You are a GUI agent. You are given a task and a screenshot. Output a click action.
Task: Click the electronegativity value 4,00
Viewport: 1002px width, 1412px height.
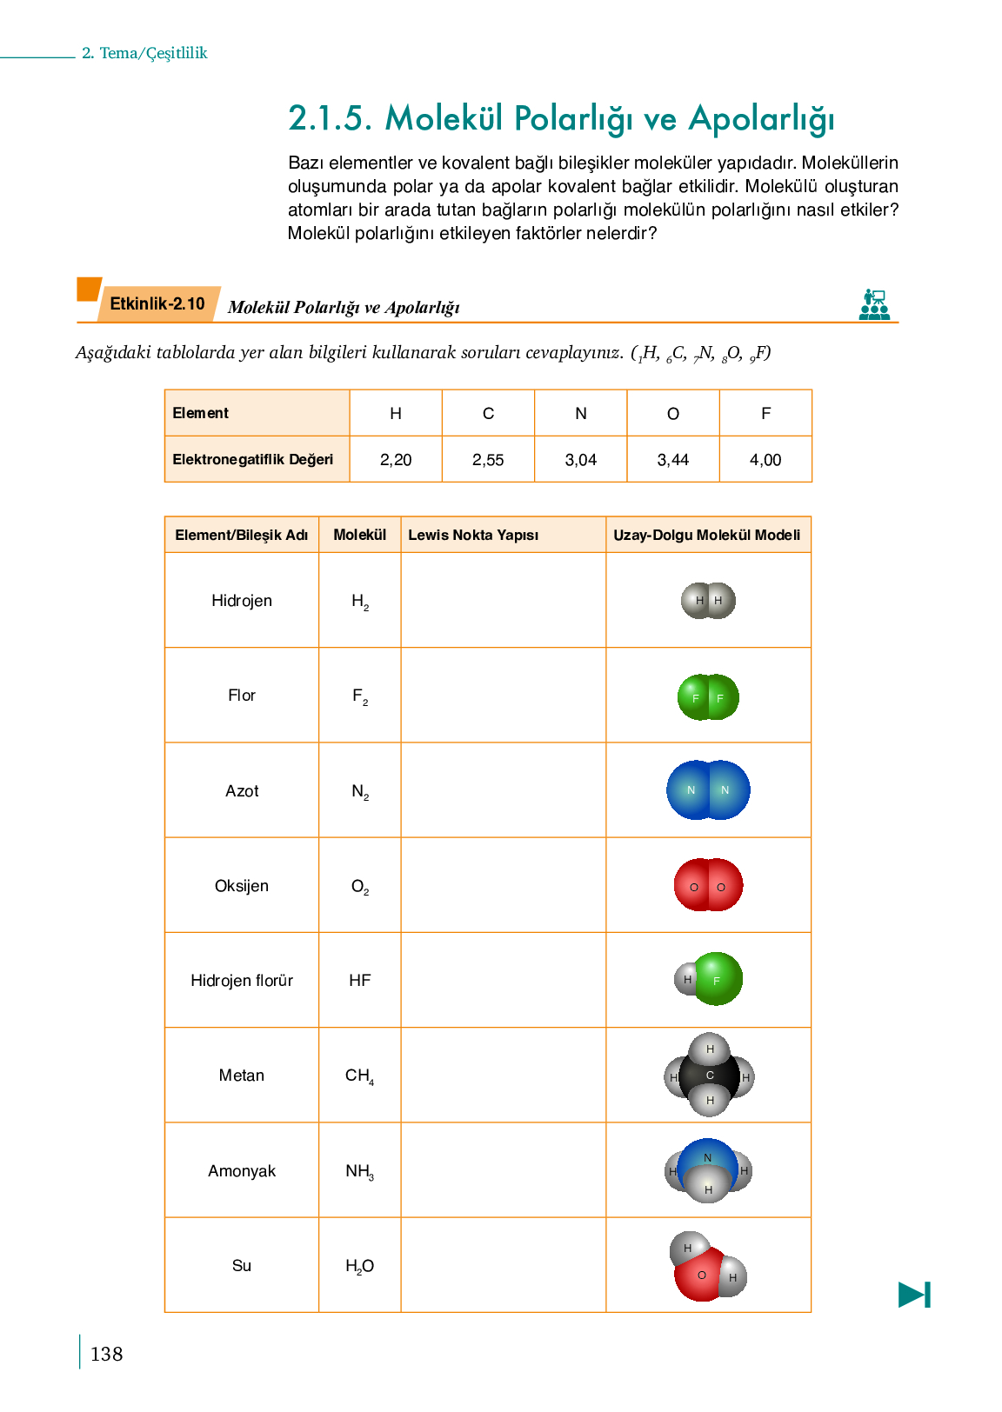[765, 460]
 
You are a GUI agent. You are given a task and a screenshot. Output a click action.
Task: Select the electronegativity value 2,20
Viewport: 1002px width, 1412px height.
[396, 460]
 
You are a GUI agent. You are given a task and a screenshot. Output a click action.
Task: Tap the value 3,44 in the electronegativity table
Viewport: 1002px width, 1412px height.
[673, 460]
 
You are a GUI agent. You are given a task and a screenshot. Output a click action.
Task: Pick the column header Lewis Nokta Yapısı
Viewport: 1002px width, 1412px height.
[473, 536]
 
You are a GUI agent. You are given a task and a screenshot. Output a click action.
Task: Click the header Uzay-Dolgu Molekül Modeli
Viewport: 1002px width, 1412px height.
[707, 536]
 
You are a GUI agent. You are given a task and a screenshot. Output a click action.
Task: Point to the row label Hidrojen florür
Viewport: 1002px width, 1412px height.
[242, 981]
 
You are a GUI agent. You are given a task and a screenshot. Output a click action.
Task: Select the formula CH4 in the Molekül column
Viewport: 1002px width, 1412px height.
[359, 1076]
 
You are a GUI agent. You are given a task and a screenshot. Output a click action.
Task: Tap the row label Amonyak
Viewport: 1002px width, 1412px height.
[242, 1171]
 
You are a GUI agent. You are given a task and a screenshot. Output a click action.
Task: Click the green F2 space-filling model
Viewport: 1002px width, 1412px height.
[708, 697]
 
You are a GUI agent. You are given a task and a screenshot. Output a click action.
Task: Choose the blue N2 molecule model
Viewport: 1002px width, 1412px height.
[708, 790]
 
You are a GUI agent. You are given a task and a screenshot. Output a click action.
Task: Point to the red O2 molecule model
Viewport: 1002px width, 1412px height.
[708, 885]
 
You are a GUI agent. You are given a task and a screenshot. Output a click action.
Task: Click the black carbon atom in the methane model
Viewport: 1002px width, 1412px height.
[709, 1076]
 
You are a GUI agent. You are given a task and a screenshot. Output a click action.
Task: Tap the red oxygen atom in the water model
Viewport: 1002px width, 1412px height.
[700, 1276]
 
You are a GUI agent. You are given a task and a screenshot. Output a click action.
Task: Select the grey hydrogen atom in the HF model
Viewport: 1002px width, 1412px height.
[686, 979]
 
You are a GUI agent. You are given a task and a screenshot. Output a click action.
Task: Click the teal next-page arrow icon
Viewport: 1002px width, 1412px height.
[914, 1295]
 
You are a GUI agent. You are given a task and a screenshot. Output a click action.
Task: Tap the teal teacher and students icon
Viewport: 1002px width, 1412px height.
[874, 305]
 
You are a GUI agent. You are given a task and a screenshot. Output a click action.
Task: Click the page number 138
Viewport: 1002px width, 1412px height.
[106, 1355]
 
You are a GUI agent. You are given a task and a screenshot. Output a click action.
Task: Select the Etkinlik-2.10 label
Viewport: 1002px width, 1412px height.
[157, 304]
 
